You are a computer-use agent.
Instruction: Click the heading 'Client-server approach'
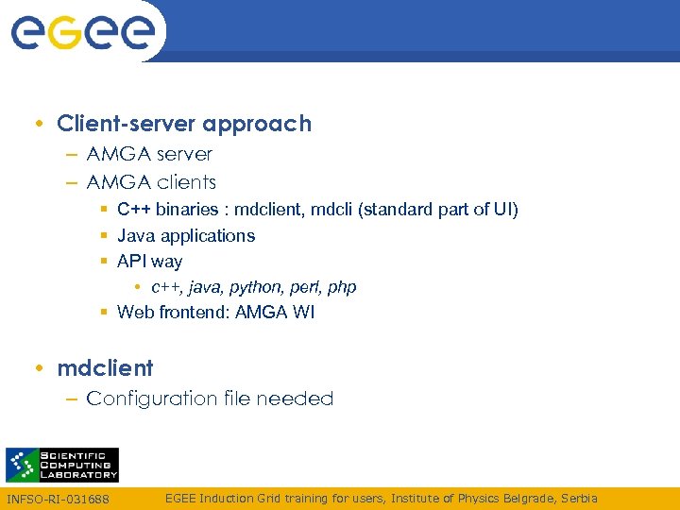pos(183,124)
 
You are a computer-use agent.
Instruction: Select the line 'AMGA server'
pos(149,154)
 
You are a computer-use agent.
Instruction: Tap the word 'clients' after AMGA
pos(186,182)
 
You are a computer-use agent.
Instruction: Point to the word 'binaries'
pos(186,210)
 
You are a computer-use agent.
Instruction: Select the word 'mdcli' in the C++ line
pos(331,210)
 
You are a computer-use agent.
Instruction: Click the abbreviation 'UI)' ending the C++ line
pos(506,210)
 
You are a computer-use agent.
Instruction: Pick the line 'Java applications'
pos(186,235)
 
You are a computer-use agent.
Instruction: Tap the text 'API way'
pos(149,262)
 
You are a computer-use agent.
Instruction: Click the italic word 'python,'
pos(256,287)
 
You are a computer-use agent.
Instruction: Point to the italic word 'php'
pos(342,287)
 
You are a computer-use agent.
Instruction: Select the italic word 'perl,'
pos(305,287)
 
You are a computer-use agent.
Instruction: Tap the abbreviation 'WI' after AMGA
pos(304,313)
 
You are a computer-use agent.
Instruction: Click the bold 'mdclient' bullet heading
pos(105,367)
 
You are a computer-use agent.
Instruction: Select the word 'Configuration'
pos(146,399)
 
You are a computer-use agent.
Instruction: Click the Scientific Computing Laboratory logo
pos(62,465)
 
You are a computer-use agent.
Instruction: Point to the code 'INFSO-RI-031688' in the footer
pos(58,499)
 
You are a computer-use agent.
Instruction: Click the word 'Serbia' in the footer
pos(579,498)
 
